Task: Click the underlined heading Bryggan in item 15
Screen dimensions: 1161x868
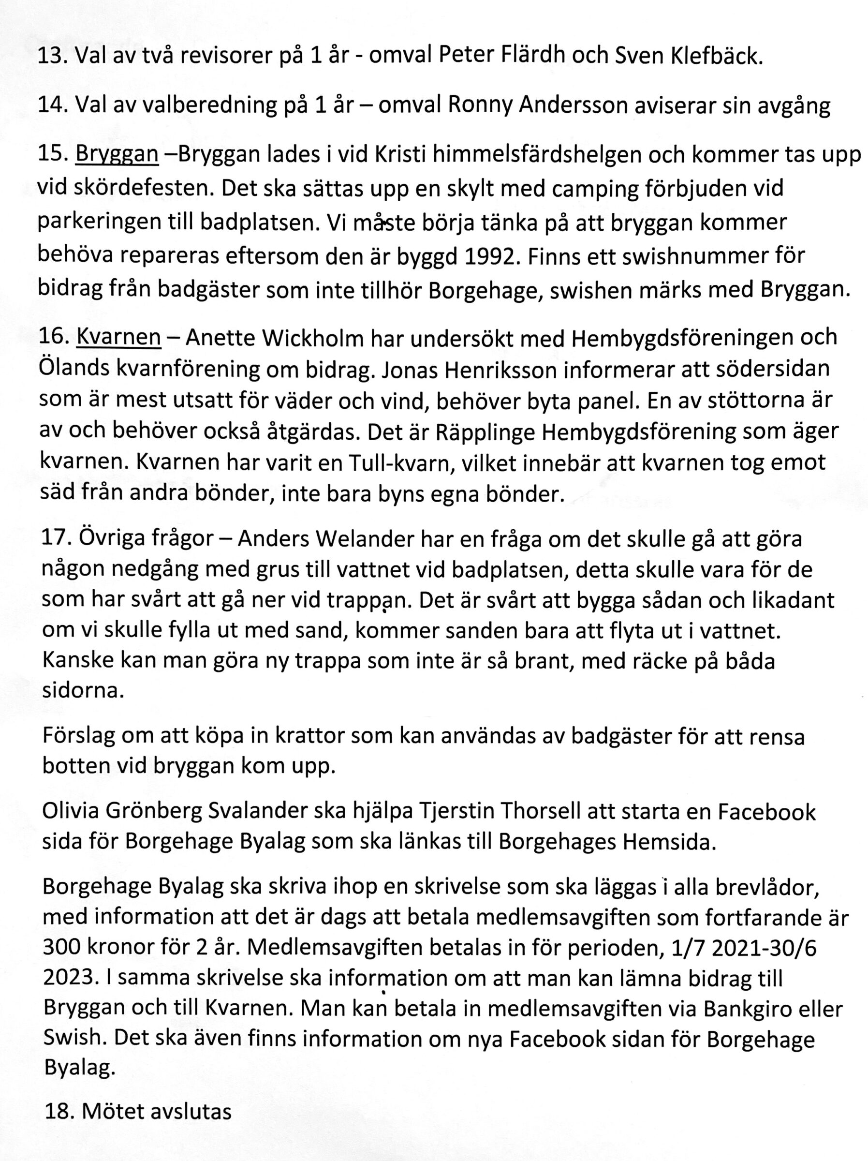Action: point(117,154)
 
